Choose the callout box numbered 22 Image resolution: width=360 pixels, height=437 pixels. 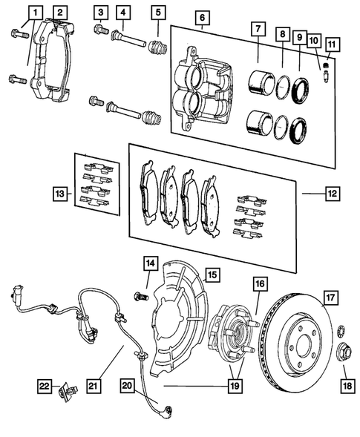tap(45, 385)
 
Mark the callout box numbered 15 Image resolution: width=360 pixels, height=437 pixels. tap(212, 275)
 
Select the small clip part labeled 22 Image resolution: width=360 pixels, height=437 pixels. tap(69, 387)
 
